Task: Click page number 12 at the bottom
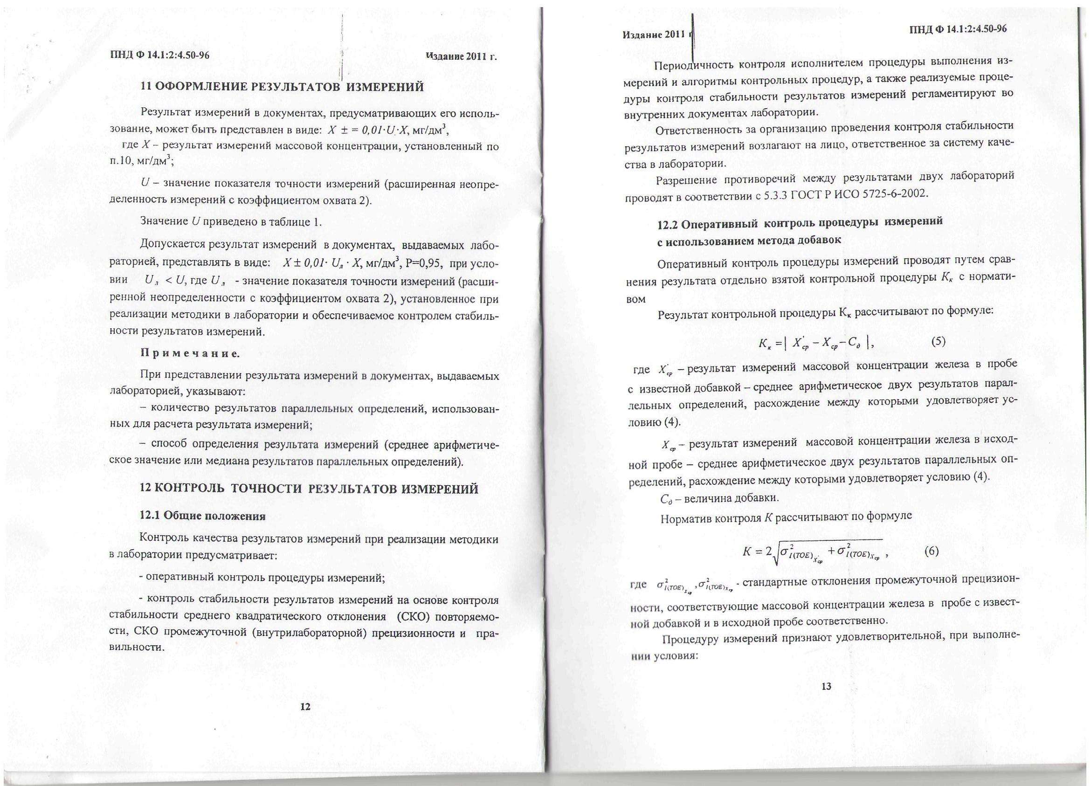click(x=305, y=707)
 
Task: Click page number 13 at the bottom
click(x=826, y=687)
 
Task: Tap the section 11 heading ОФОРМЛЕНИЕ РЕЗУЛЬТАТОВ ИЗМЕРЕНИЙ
click(x=282, y=87)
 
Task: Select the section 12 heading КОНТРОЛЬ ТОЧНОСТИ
click(x=309, y=489)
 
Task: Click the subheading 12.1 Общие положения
click(x=202, y=517)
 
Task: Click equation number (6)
click(x=931, y=552)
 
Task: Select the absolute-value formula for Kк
click(x=813, y=343)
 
